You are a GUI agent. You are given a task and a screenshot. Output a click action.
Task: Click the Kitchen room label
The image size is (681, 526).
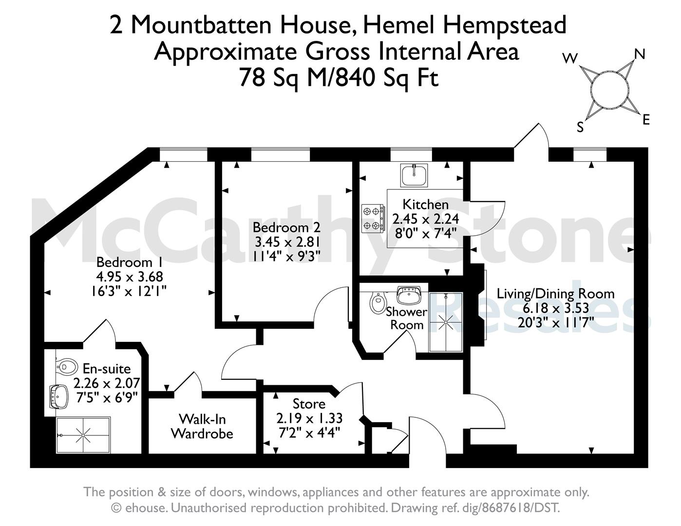[425, 205]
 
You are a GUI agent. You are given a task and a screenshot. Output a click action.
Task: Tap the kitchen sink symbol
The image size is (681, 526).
[414, 175]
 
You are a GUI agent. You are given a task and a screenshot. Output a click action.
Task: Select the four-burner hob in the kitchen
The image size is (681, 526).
[373, 219]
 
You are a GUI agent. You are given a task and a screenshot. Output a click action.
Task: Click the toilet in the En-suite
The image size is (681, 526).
[67, 366]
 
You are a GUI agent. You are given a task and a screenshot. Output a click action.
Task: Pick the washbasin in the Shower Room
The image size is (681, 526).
[409, 295]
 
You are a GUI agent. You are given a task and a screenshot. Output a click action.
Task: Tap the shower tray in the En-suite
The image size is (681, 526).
[83, 435]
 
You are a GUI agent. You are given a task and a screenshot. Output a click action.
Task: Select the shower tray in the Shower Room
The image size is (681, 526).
[445, 322]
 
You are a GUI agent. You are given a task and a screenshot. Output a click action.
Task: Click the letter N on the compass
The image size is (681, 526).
[640, 55]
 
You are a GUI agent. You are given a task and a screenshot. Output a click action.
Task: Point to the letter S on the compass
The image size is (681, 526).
[580, 128]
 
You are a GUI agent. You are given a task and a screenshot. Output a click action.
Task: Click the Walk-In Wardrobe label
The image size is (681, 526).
[202, 426]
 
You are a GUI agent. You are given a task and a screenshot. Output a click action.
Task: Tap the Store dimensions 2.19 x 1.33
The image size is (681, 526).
[309, 418]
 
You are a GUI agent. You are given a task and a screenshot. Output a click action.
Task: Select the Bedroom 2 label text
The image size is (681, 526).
[287, 228]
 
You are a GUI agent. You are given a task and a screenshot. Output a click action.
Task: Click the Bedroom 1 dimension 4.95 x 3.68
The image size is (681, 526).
[130, 277]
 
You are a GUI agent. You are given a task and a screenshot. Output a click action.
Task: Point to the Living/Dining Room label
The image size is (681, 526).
[556, 294]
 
